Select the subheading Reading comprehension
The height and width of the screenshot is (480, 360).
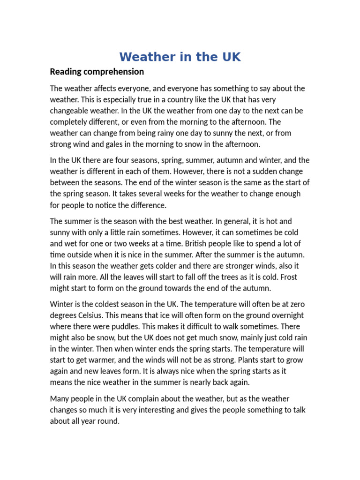[97, 72]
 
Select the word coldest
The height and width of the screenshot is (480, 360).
[109, 304]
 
